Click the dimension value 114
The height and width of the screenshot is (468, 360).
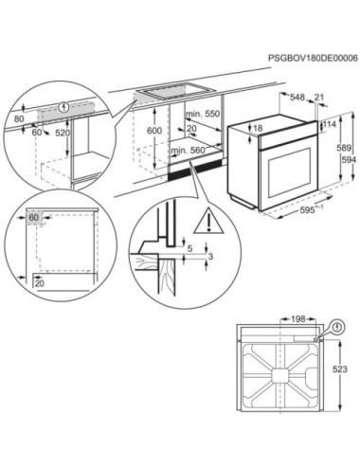coord(330,124)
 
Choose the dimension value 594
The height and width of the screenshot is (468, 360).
coord(347,161)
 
